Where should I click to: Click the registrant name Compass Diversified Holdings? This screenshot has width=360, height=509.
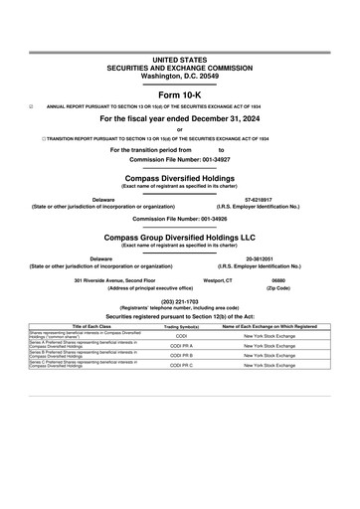[x=179, y=179]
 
